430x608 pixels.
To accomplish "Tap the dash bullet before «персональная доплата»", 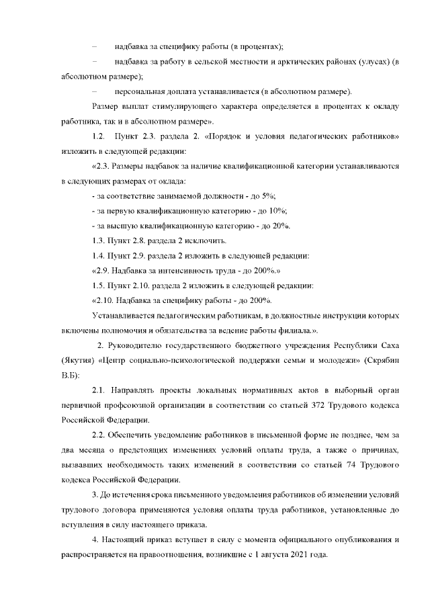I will tap(95, 91).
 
